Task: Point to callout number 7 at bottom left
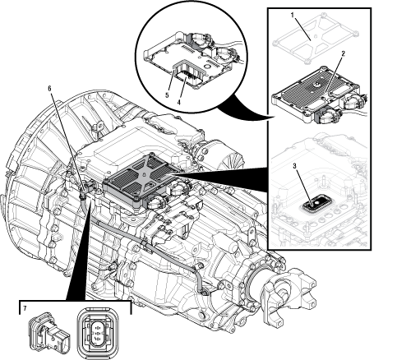pos(25,308)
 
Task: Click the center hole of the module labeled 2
pos(316,85)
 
